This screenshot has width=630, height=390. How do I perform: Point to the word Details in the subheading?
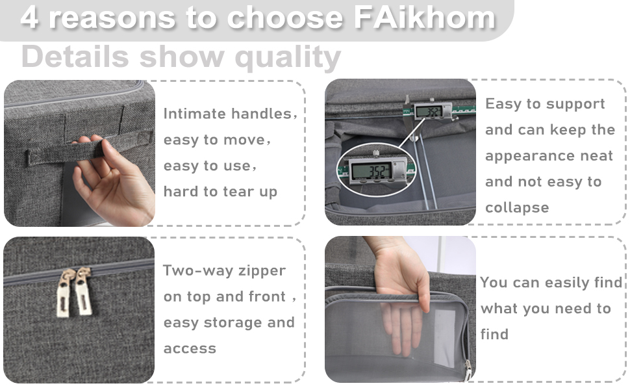(x=74, y=57)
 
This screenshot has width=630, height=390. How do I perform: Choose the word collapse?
(x=517, y=208)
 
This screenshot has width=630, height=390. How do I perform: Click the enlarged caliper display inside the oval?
(x=371, y=172)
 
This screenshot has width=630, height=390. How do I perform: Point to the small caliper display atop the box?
(x=428, y=112)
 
